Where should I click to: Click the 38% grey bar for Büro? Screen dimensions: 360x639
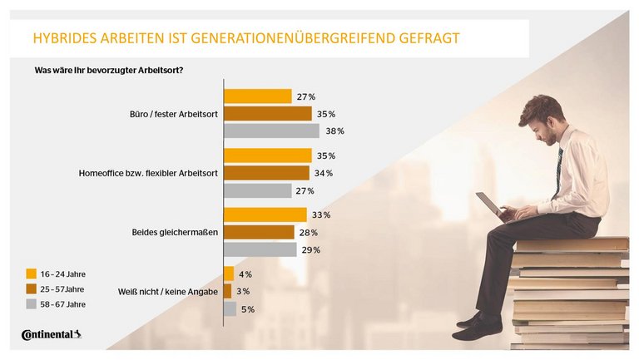pyautogui.click(x=272, y=131)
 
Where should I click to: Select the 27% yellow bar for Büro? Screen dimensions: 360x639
pyautogui.click(x=258, y=96)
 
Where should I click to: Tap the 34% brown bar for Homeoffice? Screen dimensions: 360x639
pyautogui.click(x=267, y=173)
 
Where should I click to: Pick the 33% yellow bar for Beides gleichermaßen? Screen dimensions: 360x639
pyautogui.click(x=265, y=215)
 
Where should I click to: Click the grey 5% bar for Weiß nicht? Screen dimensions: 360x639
pyautogui.click(x=230, y=309)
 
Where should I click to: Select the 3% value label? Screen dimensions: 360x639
pyautogui.click(x=244, y=292)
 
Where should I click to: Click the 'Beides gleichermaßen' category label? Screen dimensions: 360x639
pyautogui.click(x=177, y=233)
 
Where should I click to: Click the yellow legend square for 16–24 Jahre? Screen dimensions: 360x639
pyautogui.click(x=32, y=274)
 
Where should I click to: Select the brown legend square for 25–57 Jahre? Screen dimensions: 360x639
pyautogui.click(x=32, y=289)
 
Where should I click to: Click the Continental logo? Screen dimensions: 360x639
pyautogui.click(x=52, y=335)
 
